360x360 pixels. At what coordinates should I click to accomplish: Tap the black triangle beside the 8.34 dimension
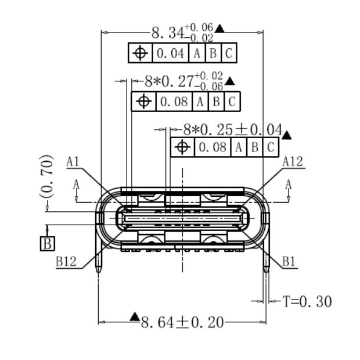pyautogui.click(x=219, y=27)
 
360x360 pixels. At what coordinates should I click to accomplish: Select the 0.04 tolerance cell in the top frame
pyautogui.click(x=170, y=54)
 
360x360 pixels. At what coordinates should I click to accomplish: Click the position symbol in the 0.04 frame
pyautogui.click(x=139, y=54)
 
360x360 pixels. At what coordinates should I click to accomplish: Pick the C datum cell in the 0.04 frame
pyautogui.click(x=229, y=54)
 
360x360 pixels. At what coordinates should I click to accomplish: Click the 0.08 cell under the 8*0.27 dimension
pyautogui.click(x=174, y=102)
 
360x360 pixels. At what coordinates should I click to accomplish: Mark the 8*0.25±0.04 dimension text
pyautogui.click(x=232, y=129)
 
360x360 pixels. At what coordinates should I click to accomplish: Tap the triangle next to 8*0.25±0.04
pyautogui.click(x=286, y=135)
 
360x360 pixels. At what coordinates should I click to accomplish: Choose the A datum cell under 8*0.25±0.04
pyautogui.click(x=238, y=147)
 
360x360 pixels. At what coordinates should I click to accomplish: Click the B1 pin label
pyautogui.click(x=289, y=261)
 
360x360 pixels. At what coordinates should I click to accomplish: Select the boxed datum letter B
pyautogui.click(x=47, y=243)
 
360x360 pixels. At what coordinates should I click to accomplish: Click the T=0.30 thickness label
pyautogui.click(x=307, y=301)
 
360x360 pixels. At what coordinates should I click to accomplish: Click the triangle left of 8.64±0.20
pyautogui.click(x=135, y=316)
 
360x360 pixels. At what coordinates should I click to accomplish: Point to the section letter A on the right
pyautogui.click(x=289, y=184)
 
